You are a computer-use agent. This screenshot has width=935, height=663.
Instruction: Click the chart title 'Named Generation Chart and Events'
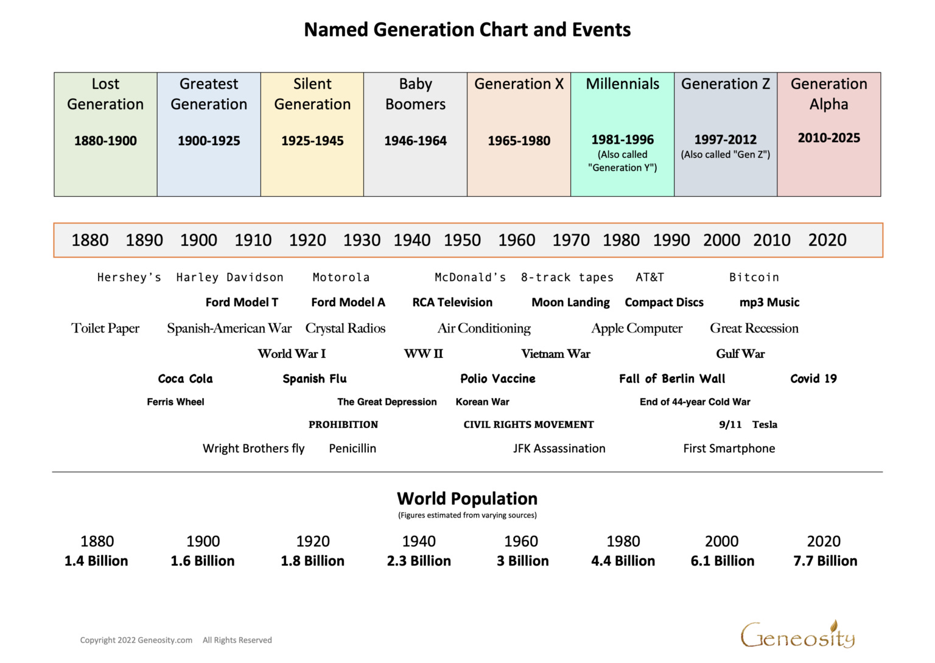[467, 30]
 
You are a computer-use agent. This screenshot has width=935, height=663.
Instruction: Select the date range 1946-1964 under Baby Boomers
[415, 141]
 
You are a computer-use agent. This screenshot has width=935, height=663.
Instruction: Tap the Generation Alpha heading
[828, 94]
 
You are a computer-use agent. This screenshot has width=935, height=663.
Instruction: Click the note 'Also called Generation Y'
[622, 161]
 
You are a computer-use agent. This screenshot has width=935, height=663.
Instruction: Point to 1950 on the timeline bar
[462, 240]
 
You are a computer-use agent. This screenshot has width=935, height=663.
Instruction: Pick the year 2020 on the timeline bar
[827, 240]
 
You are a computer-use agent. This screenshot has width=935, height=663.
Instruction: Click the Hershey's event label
[129, 278]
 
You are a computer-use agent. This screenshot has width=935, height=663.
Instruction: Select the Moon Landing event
[570, 303]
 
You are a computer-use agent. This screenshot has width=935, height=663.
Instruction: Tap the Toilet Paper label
[105, 328]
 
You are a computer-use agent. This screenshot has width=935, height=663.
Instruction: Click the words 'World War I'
[292, 354]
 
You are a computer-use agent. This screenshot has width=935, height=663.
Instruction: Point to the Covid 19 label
[813, 379]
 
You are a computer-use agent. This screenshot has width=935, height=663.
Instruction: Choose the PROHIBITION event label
[343, 425]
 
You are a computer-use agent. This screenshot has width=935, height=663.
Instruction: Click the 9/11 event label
[730, 425]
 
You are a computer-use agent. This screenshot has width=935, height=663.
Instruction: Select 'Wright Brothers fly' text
[253, 449]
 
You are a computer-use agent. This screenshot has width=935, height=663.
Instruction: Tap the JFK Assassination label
[559, 449]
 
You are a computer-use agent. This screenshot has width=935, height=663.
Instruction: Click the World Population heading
[467, 499]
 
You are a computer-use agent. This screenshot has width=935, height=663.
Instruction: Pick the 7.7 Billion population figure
[825, 561]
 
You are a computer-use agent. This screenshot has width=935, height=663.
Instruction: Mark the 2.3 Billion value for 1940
[419, 561]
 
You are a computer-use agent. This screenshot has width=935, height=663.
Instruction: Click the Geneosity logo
[797, 635]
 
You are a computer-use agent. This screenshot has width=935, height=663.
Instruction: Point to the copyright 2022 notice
[136, 640]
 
